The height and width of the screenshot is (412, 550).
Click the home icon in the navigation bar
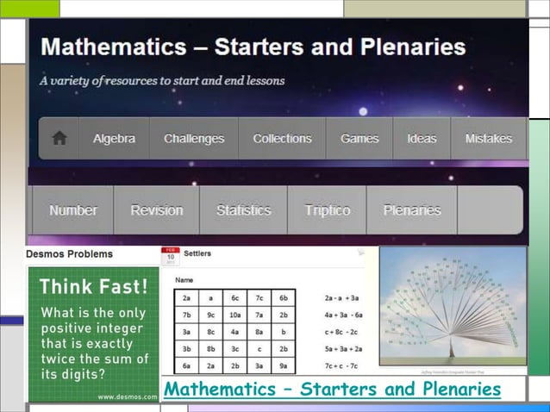click(59, 139)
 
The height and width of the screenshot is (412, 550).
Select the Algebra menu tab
click(114, 139)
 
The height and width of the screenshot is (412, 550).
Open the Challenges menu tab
click(194, 139)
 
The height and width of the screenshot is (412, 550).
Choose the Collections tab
click(282, 139)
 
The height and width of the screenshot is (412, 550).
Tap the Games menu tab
click(359, 139)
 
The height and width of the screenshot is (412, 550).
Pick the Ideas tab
click(422, 139)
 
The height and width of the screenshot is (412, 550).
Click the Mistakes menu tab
click(488, 139)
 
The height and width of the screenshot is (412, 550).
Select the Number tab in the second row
click(73, 210)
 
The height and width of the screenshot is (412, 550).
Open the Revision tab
click(157, 210)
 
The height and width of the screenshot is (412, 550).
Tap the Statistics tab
click(243, 210)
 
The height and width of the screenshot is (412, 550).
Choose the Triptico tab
click(328, 210)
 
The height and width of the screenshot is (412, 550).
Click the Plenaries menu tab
click(412, 210)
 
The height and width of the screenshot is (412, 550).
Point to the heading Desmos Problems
click(69, 254)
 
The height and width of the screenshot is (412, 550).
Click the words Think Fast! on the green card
click(93, 286)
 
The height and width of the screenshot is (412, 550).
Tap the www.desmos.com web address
click(127, 396)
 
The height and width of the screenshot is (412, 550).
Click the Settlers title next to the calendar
click(198, 254)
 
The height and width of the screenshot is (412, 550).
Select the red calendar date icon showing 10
click(170, 257)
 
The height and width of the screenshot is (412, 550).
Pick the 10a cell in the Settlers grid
click(235, 315)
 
